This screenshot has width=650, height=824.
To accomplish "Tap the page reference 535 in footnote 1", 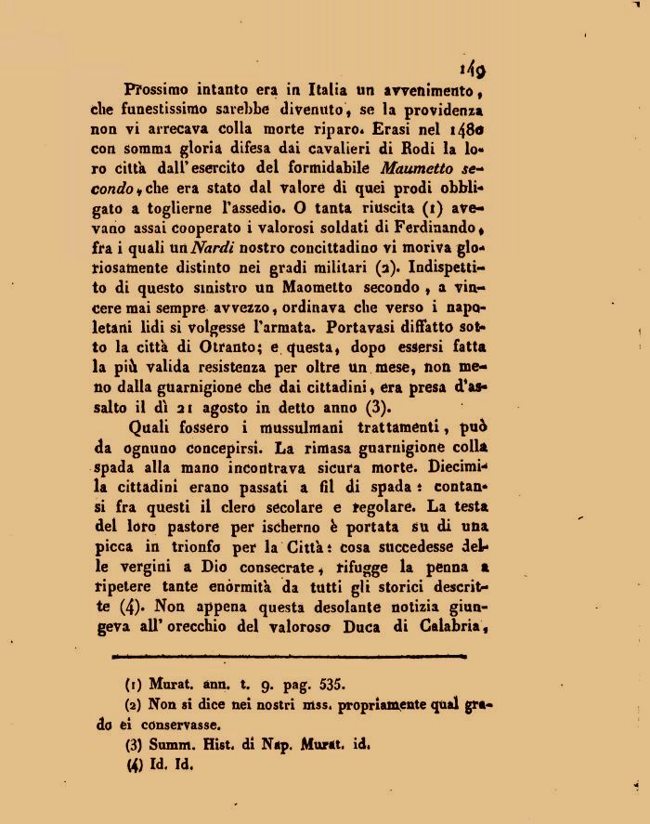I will [331, 687].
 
